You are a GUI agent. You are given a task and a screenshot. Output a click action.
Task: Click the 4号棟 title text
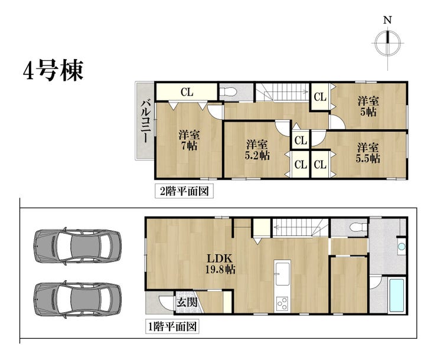[x=53, y=70]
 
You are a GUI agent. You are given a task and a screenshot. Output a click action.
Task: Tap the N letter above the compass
[x=387, y=20]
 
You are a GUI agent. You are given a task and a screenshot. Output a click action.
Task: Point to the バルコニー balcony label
[x=145, y=122]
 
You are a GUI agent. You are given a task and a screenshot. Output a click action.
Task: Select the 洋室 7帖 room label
[x=189, y=140]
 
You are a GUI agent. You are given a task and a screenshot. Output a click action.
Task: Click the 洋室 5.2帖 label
[x=257, y=150]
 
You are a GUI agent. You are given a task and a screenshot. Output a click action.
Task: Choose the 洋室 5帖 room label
[x=368, y=106]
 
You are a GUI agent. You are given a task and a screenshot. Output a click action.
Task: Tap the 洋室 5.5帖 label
[x=368, y=153]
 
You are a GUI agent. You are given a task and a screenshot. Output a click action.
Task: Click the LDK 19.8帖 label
[x=220, y=264]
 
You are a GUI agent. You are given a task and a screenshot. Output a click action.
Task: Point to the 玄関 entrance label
[x=187, y=302]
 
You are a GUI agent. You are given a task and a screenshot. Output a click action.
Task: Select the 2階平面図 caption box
[x=184, y=191]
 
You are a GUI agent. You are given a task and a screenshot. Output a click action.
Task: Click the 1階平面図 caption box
[x=172, y=326]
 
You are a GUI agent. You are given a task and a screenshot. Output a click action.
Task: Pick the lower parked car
[x=77, y=299]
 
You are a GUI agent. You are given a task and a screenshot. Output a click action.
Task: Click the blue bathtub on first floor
[x=396, y=296]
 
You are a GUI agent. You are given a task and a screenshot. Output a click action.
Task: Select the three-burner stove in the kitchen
[x=282, y=305]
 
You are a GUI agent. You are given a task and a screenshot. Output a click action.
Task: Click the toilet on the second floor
[x=229, y=91]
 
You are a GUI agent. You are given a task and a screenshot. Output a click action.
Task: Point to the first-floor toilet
[x=358, y=227]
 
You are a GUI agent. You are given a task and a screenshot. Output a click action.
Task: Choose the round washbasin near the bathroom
[x=402, y=247]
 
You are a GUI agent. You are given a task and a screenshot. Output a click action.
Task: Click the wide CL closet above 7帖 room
[x=187, y=91]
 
